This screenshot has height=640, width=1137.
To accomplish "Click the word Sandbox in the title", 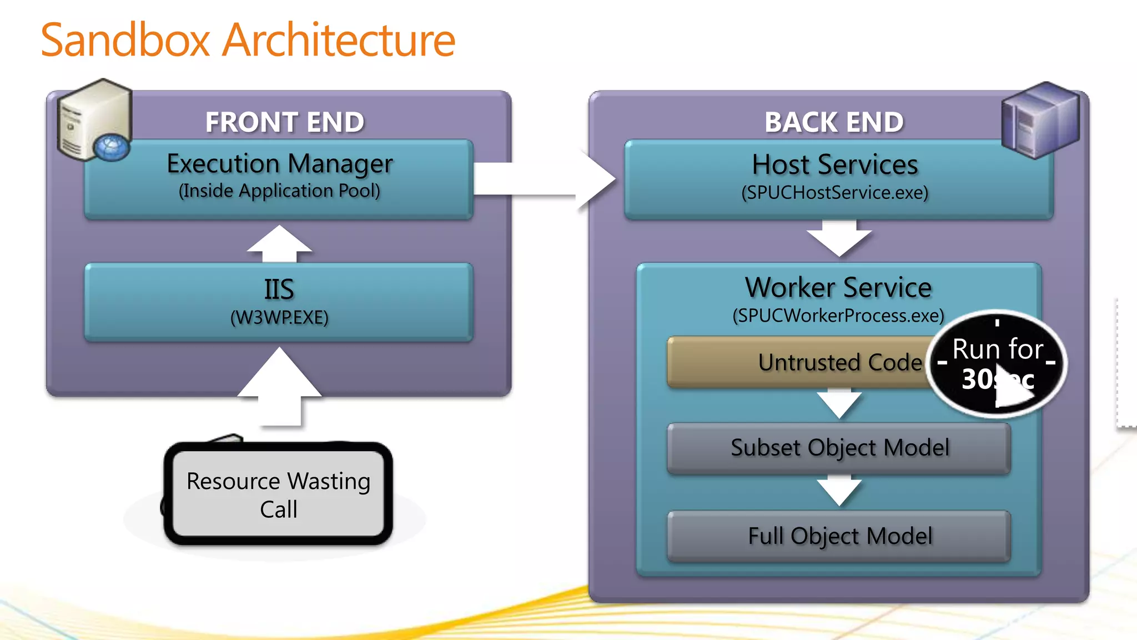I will coord(125,40).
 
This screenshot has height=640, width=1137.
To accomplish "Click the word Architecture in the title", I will coord(339,40).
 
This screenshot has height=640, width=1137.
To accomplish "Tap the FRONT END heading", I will coord(284,122).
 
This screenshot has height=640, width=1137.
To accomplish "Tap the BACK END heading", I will coord(834,122).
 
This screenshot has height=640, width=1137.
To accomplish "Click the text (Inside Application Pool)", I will coord(279,191).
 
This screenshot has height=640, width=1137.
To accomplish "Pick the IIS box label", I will coord(279,289).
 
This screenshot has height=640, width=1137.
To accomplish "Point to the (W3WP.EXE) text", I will coord(279,318).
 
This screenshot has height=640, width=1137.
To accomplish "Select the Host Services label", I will coord(834,165).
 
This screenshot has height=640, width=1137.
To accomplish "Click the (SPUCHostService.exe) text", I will coord(834,193).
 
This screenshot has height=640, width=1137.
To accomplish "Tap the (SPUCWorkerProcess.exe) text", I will coord(838,316).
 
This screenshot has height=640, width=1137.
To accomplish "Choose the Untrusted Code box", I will coord(799,362).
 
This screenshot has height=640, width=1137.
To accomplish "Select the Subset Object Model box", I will coord(839,448).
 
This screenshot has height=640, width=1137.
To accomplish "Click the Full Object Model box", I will coord(839,536).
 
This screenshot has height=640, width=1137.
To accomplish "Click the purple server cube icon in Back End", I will coord(1040,120).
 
